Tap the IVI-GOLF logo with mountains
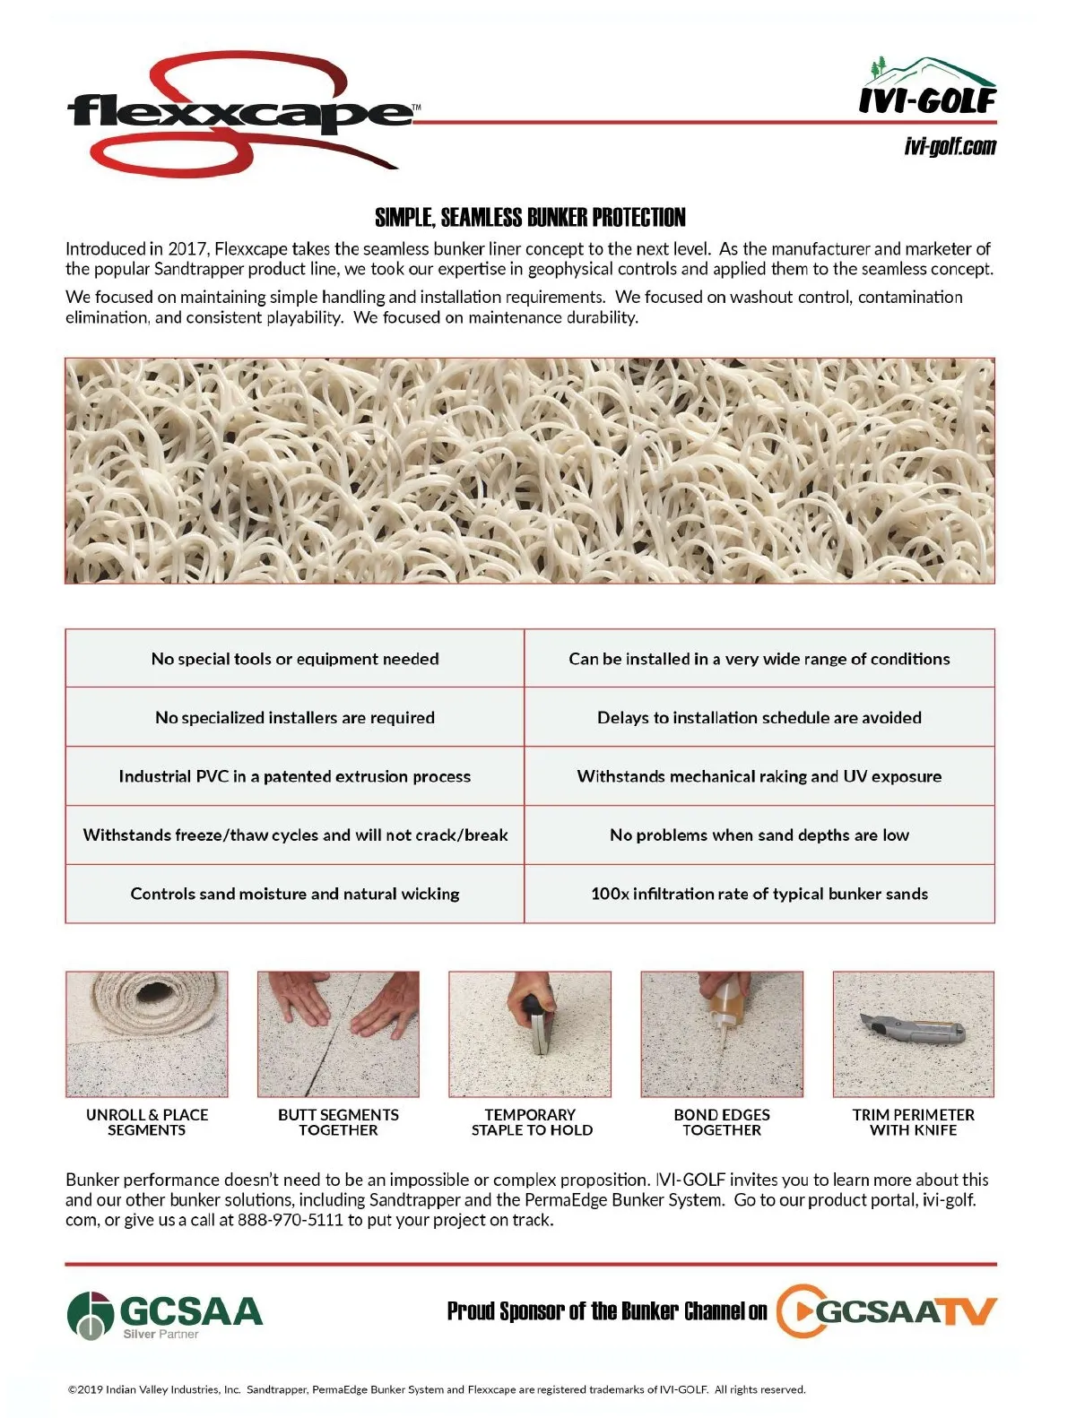point(928,88)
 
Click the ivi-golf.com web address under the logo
point(950,146)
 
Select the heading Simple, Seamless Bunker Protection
point(530,217)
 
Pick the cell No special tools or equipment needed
point(295,659)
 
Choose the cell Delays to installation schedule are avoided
point(759,717)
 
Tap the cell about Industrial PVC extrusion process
point(295,776)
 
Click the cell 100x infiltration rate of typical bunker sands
point(759,894)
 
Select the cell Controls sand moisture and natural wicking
point(295,894)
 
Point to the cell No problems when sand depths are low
point(759,835)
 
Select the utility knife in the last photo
point(911,1030)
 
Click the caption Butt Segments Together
point(338,1122)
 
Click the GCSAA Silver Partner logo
point(165,1315)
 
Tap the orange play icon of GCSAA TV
point(796,1311)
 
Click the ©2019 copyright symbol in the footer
point(73,1390)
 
